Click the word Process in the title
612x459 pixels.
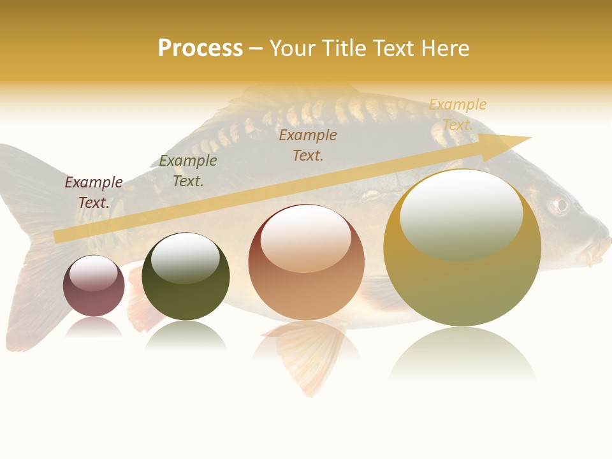click(200, 48)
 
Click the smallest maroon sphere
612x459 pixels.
click(94, 286)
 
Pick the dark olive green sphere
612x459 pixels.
click(186, 277)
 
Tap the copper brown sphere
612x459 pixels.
click(306, 263)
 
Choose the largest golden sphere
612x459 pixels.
click(462, 248)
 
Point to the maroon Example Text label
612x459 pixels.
click(94, 193)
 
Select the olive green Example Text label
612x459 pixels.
click(188, 171)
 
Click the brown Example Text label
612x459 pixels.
click(308, 145)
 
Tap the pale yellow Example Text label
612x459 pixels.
click(458, 115)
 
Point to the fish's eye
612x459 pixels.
click(560, 205)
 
